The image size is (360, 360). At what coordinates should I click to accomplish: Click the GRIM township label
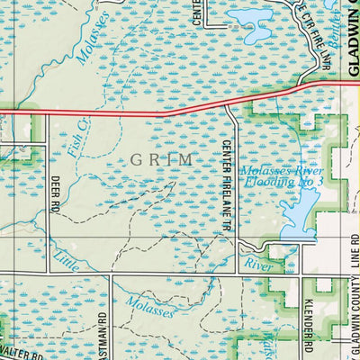pyautogui.click(x=162, y=159)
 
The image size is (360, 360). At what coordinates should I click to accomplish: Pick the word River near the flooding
pyautogui.click(x=258, y=265)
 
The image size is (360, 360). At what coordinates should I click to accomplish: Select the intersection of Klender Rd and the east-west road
pyautogui.click(x=304, y=272)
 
